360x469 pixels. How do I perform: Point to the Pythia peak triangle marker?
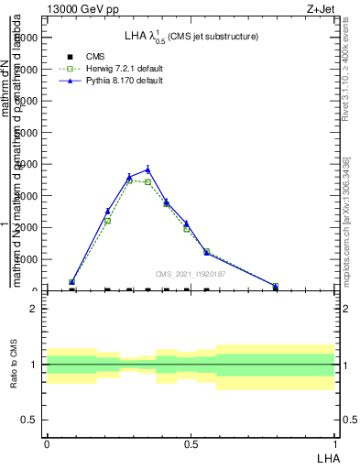pos(147,169)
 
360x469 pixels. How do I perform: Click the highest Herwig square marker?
pos(130,180)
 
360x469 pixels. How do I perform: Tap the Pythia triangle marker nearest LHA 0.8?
pos(276,286)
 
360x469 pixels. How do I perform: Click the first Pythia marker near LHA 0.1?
pos(72,282)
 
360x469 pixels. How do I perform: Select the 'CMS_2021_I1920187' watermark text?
pos(191,274)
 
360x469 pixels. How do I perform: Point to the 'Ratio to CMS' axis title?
pos(15,365)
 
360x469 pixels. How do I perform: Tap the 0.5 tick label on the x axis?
pos(191,442)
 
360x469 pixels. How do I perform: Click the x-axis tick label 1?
pos(335,442)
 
